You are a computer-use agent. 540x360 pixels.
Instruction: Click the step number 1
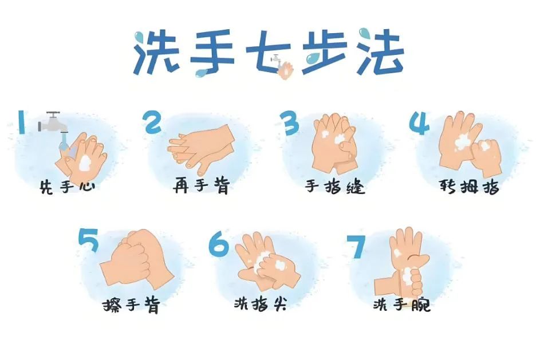pos(21,122)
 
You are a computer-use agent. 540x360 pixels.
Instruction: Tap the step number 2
pos(152,122)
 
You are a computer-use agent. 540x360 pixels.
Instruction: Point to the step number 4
pos(419,123)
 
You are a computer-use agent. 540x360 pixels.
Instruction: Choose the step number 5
pos(89,240)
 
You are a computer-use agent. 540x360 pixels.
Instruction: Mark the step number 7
pos(356,247)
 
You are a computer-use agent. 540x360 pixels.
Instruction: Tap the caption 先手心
pos(67,187)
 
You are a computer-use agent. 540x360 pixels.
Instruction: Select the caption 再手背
pos(202,186)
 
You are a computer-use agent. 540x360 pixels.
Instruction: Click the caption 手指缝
pos(335,187)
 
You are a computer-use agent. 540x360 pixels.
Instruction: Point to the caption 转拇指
pos(469,187)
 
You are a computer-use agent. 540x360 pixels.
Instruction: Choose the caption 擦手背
pos(131,304)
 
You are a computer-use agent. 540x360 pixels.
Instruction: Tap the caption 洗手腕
pos(402,304)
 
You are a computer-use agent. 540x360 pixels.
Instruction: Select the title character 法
pos(380,52)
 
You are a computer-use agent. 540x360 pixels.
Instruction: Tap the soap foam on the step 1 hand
pos(85,163)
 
